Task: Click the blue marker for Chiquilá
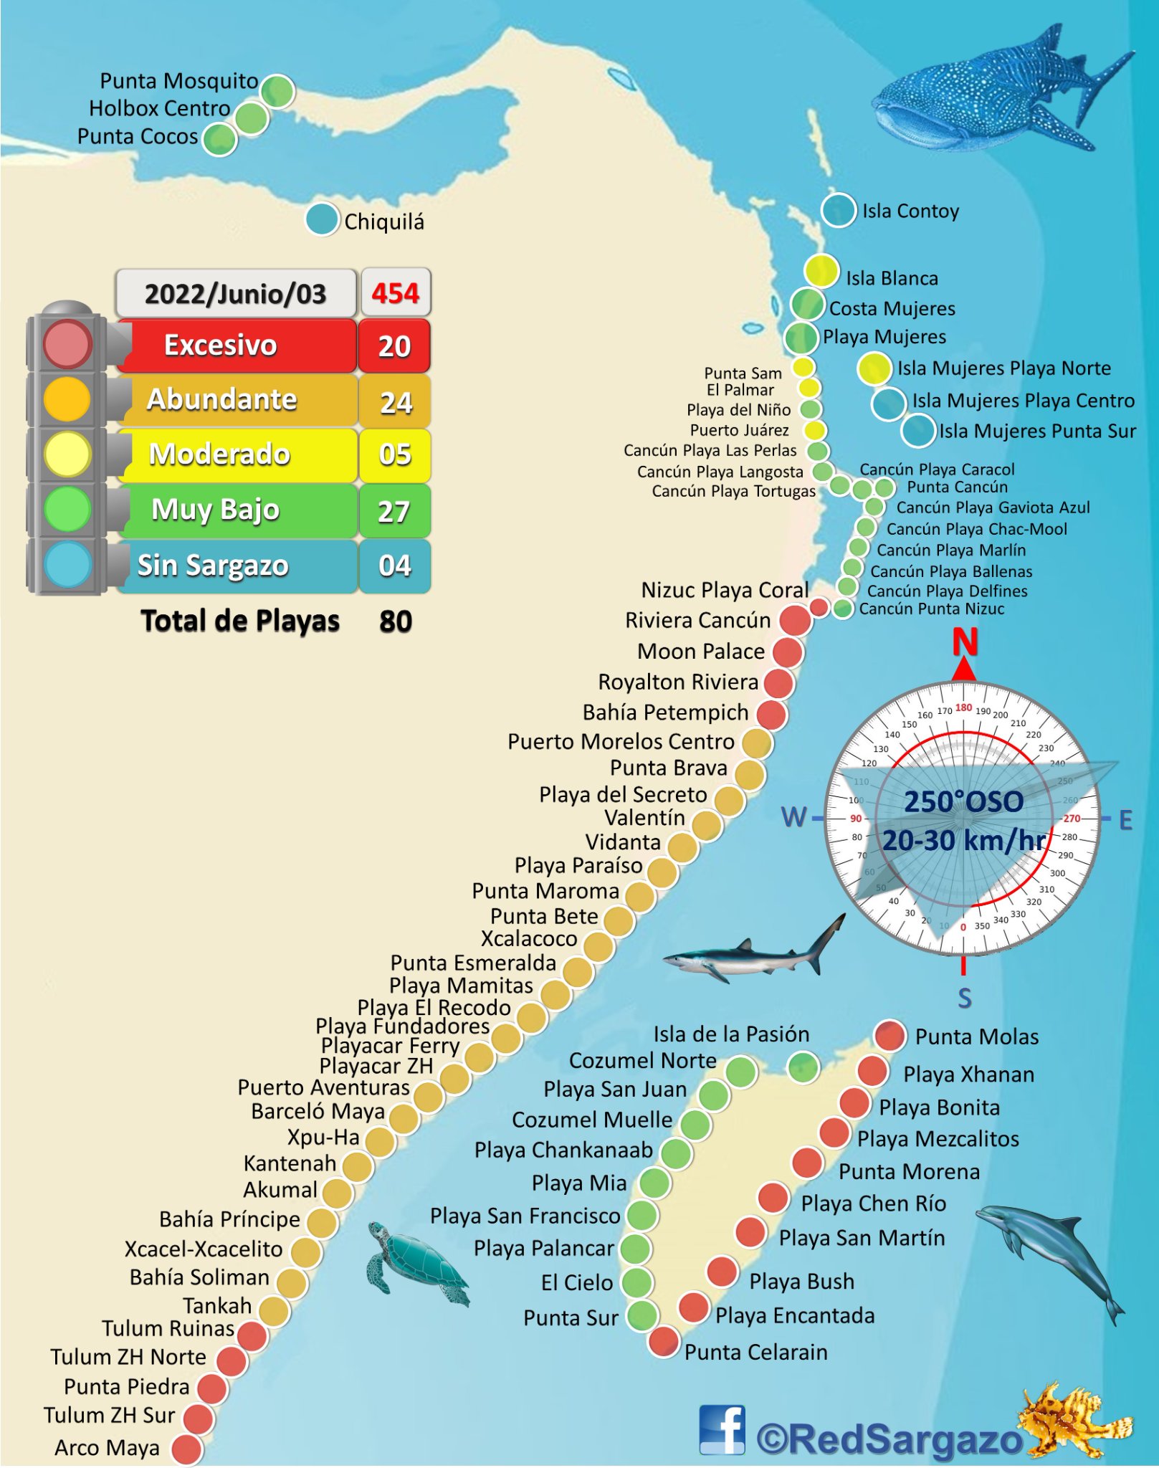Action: tap(322, 219)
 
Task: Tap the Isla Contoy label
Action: tap(910, 211)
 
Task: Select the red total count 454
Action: tap(395, 293)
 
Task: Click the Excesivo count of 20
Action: tap(394, 346)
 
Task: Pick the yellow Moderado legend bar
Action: tap(237, 455)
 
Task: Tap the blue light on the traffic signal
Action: tap(67, 565)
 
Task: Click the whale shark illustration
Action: tap(996, 93)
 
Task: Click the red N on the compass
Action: tap(965, 642)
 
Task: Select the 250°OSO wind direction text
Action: tap(963, 801)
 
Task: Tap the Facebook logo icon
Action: tap(722, 1429)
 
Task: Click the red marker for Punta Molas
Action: tap(890, 1035)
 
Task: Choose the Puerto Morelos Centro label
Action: tap(621, 741)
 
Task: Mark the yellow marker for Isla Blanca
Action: tap(821, 271)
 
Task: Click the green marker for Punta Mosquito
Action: tap(277, 91)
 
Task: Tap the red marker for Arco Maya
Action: tap(187, 1449)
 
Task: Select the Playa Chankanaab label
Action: tap(563, 1150)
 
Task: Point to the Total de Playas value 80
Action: tap(395, 621)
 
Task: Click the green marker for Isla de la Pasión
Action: tap(803, 1067)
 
